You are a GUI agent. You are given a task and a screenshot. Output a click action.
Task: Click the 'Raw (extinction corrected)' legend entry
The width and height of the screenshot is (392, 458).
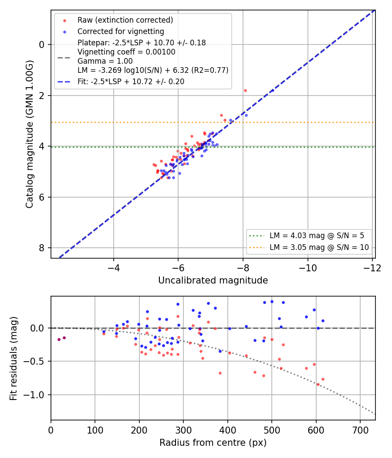(125, 20)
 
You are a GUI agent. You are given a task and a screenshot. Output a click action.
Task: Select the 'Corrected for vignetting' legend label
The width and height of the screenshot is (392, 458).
(121, 31)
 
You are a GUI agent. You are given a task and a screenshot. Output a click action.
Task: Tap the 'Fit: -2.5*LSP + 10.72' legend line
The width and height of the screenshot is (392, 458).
(131, 82)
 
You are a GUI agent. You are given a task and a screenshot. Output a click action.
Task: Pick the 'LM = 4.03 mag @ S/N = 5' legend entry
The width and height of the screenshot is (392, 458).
(317, 236)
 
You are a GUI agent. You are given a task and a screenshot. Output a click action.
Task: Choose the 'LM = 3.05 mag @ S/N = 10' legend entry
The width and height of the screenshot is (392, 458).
(319, 247)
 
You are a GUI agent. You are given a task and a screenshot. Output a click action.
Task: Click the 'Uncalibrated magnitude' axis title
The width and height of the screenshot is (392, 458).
(213, 280)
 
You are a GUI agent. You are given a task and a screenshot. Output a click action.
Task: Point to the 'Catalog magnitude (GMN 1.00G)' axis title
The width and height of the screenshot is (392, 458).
(29, 134)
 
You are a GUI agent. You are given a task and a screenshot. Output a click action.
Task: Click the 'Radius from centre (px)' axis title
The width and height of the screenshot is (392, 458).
(213, 443)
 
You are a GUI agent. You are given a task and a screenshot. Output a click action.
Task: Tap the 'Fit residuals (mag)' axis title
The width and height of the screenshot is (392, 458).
(14, 359)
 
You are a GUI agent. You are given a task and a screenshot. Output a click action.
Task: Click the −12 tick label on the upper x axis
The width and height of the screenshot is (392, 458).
(372, 267)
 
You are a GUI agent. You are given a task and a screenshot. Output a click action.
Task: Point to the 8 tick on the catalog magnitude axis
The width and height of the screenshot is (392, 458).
(42, 248)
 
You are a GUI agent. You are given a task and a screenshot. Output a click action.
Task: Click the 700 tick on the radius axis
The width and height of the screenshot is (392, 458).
(360, 430)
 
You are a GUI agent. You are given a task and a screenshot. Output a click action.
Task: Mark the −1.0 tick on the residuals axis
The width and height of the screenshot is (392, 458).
(34, 395)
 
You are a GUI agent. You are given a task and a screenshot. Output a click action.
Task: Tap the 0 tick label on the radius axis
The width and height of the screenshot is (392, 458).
(51, 430)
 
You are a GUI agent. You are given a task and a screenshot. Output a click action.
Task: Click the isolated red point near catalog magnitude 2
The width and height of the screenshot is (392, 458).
(245, 91)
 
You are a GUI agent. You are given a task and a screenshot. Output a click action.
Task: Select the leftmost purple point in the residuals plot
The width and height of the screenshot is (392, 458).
(59, 339)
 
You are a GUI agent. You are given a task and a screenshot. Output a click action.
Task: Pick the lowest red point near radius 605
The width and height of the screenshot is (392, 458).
(318, 384)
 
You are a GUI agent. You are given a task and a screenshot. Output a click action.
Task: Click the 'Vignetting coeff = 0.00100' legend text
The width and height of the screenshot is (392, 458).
(126, 52)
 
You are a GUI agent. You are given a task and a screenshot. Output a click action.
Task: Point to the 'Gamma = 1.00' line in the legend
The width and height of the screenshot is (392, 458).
(105, 61)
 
